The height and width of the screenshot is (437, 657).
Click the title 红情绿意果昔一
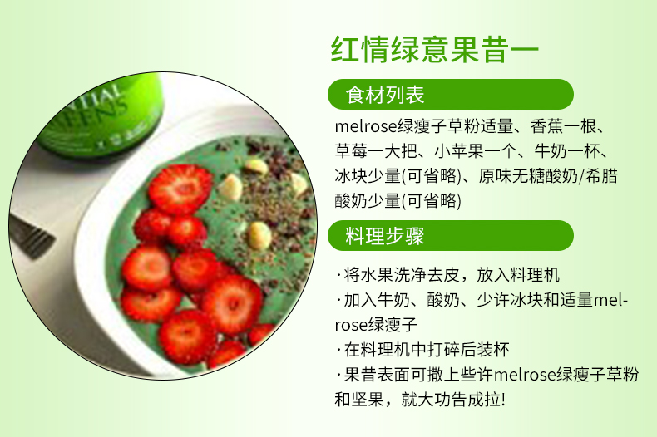434,50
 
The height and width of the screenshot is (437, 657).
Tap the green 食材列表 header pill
451,94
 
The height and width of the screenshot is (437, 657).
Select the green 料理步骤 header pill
451,236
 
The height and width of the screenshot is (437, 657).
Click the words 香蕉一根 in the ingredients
563,126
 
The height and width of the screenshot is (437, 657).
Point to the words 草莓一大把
375,151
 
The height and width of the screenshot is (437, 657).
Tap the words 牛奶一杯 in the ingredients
566,151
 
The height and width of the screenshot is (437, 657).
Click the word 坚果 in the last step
368,400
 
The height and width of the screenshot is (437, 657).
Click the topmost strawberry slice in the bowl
180,189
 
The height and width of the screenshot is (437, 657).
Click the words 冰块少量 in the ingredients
368,176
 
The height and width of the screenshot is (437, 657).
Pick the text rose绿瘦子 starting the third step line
376,325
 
